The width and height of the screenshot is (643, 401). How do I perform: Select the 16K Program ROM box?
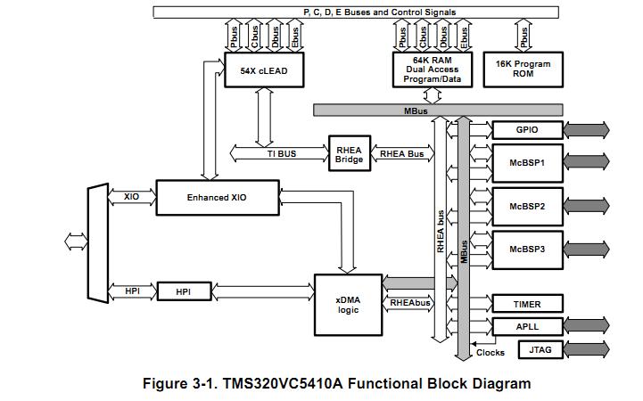(523, 69)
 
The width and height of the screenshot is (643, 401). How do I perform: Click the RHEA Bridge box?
(349, 154)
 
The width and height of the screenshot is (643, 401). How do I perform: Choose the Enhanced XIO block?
(215, 197)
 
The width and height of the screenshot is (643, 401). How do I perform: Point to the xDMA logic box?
(348, 304)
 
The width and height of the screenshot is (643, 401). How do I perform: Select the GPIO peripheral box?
(527, 130)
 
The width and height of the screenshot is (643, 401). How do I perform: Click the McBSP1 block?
(527, 163)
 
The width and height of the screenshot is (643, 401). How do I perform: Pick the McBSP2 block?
(527, 206)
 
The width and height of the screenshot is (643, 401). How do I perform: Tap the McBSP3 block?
(527, 249)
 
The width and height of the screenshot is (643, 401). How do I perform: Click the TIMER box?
(527, 304)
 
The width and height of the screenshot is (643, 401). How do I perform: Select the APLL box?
(527, 326)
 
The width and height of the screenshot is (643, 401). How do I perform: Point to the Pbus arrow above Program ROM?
(523, 36)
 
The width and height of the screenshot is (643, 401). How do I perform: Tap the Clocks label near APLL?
(490, 352)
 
